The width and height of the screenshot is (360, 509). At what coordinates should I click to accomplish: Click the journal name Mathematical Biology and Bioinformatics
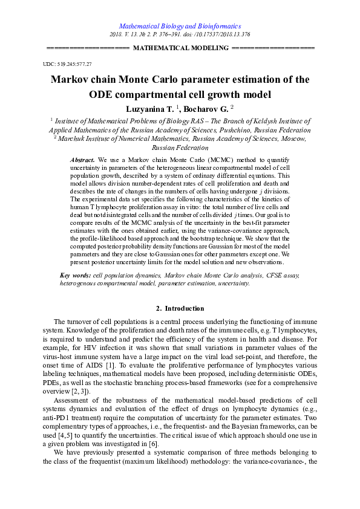coord(180,27)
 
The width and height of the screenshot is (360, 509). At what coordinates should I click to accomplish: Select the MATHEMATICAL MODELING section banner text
coord(180,47)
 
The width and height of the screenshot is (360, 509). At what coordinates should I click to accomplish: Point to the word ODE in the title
coord(102,94)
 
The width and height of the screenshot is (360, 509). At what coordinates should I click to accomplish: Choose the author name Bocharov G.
coord(205,109)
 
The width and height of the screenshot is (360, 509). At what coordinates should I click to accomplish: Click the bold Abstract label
coord(83,159)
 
